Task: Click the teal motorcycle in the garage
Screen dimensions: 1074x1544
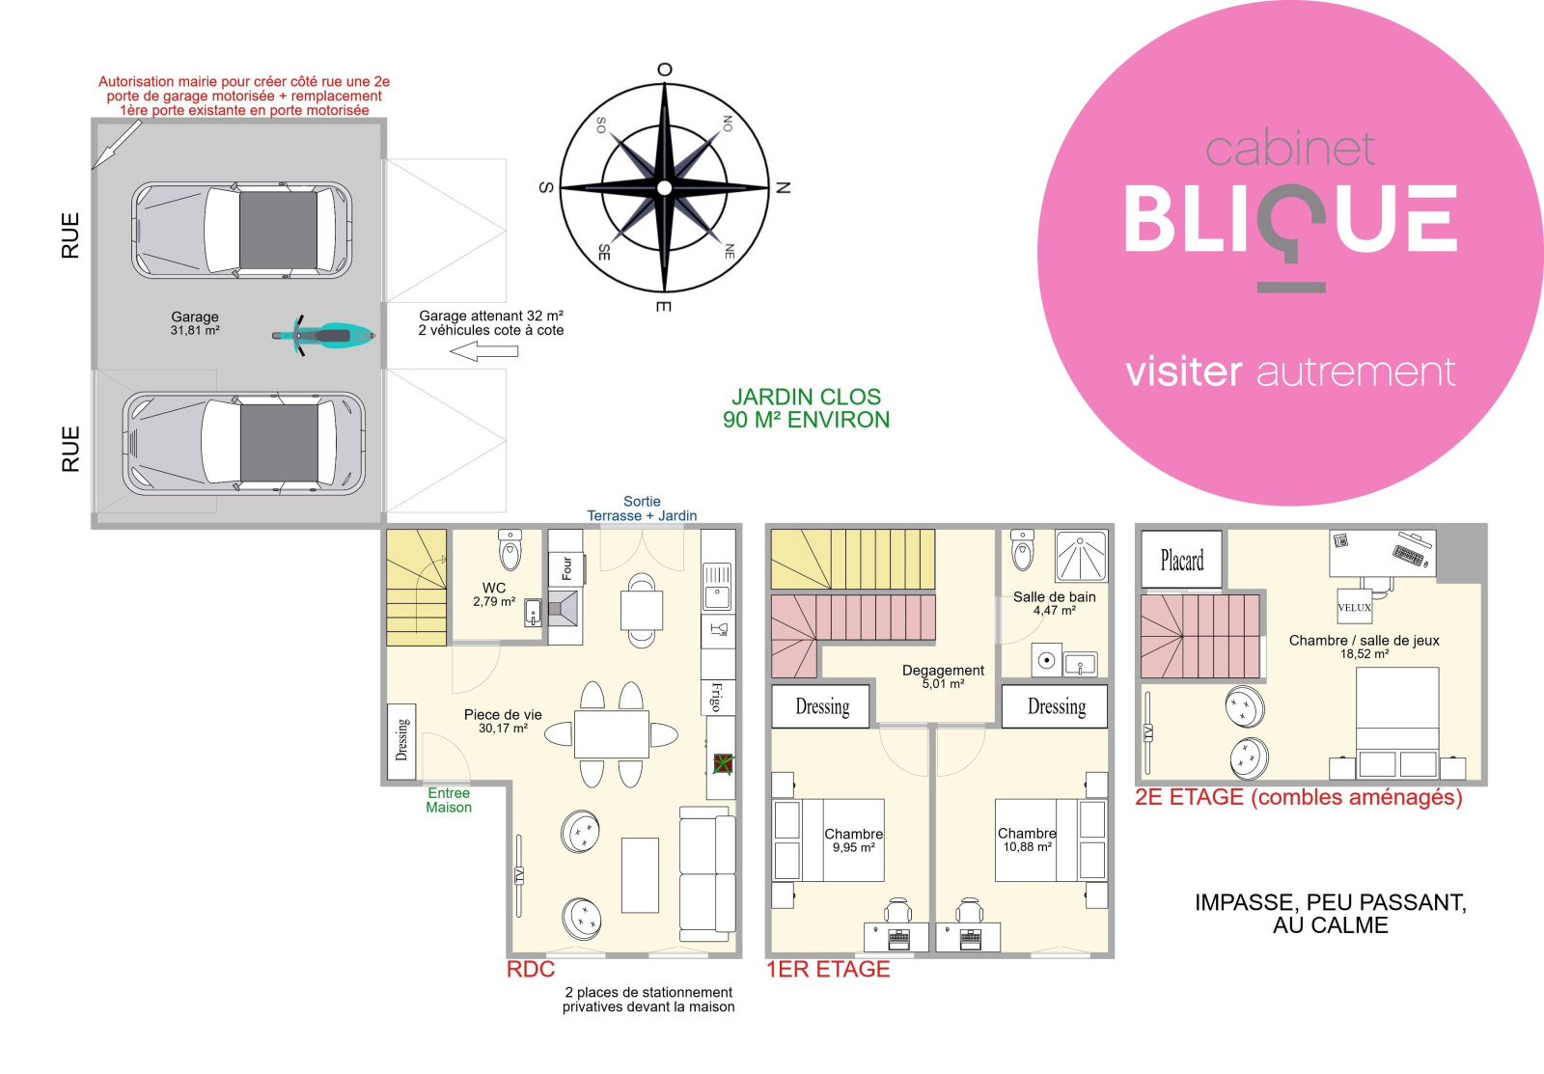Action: [323, 336]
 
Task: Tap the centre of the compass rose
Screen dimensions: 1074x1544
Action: [664, 187]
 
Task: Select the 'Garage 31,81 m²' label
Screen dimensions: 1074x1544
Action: [195, 323]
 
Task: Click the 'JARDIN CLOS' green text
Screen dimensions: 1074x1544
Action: [806, 397]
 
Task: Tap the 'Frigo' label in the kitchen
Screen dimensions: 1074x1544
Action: [717, 696]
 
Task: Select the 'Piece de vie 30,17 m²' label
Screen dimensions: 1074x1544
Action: [503, 721]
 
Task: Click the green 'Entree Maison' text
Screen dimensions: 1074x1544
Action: [449, 800]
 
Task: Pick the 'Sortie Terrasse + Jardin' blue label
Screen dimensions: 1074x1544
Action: [642, 509]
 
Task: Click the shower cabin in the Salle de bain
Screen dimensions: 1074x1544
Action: [1081, 556]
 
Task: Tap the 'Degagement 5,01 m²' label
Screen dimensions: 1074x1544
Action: [943, 676]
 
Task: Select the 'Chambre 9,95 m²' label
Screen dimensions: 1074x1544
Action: [853, 840]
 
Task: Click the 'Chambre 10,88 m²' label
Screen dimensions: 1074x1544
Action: [1027, 840]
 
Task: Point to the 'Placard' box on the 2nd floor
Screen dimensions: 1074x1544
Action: [1181, 560]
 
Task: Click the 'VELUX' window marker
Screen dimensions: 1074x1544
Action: [1354, 607]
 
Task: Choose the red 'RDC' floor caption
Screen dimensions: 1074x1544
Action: [531, 970]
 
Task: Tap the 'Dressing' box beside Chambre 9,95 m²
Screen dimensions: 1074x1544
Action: [822, 706]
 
